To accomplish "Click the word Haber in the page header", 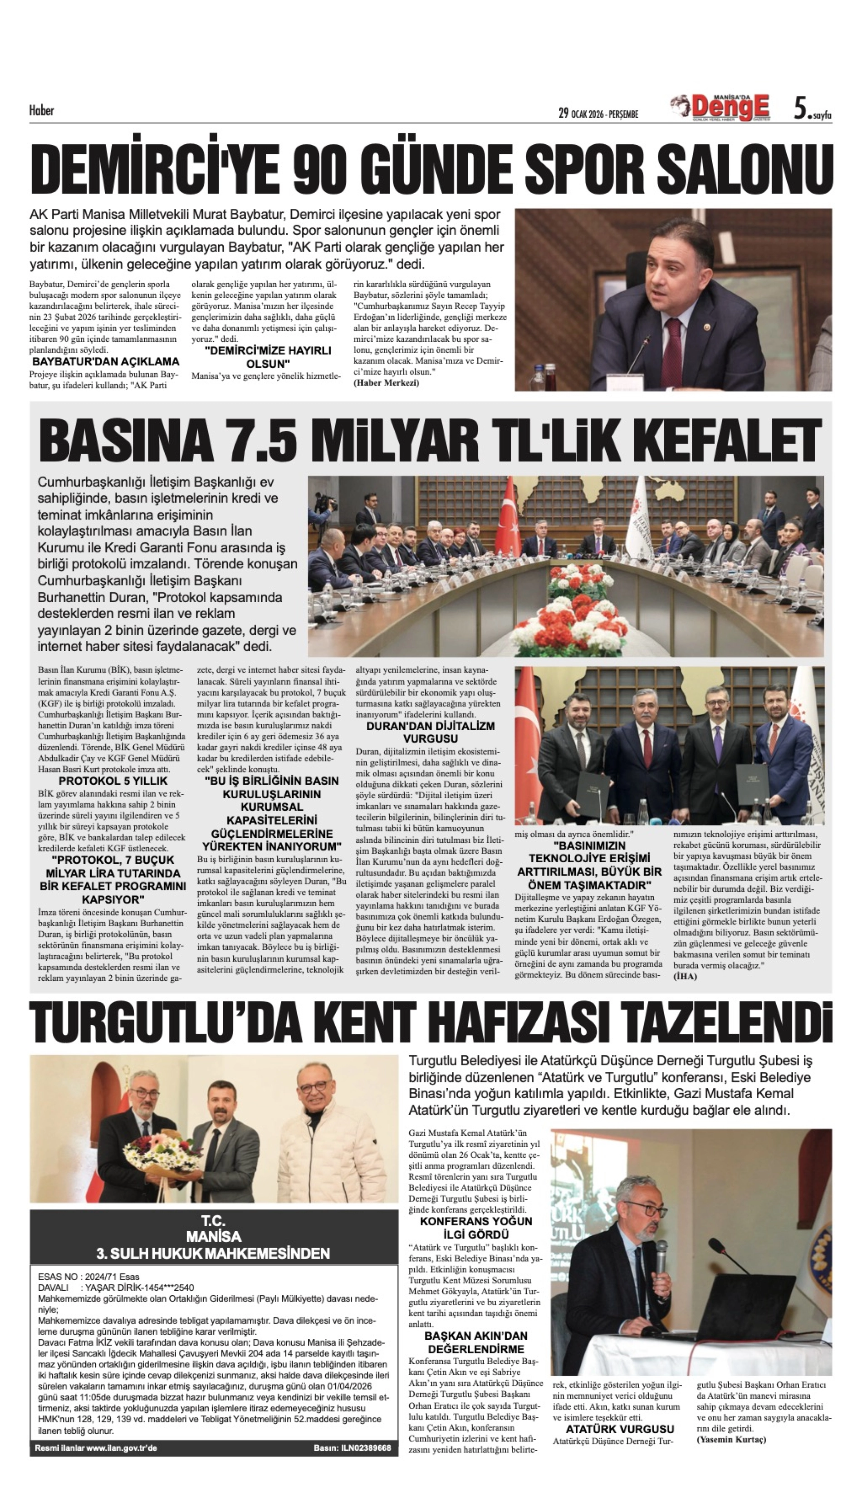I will click(41, 111).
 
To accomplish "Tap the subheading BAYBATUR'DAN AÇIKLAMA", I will click(105, 361).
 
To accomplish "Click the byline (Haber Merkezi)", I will click(387, 383).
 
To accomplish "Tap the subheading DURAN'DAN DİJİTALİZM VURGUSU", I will click(431, 732).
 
